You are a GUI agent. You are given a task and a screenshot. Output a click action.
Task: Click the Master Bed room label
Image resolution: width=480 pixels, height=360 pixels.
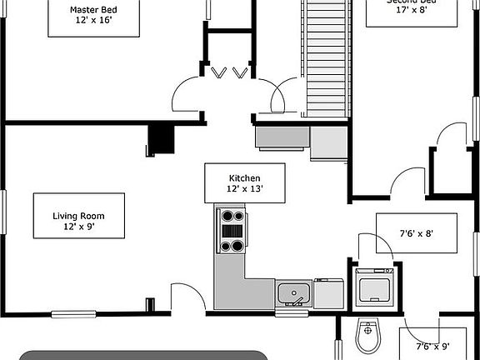pyautogui.click(x=93, y=16)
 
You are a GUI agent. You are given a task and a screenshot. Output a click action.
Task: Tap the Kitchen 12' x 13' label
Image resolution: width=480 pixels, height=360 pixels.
pyautogui.click(x=245, y=183)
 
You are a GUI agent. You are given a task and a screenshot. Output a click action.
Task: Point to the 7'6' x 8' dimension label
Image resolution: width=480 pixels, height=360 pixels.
pyautogui.click(x=417, y=232)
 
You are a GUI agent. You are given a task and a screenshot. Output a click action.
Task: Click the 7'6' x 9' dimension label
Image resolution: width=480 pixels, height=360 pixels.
pyautogui.click(x=433, y=345)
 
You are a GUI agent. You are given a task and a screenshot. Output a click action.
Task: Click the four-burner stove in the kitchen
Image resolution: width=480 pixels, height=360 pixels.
pyautogui.click(x=232, y=231)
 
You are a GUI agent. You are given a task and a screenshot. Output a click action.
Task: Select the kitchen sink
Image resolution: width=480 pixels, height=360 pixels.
pyautogui.click(x=293, y=294)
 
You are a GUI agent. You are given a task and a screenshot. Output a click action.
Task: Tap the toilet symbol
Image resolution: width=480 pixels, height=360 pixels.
pyautogui.click(x=367, y=336)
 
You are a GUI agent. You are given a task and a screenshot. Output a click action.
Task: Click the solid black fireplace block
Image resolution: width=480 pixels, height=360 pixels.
pyautogui.click(x=160, y=140)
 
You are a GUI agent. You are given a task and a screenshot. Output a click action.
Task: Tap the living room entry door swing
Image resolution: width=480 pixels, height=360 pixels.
pyautogui.click(x=185, y=297)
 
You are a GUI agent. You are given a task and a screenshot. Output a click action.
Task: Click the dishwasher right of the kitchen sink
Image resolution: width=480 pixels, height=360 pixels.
pyautogui.click(x=328, y=294)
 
